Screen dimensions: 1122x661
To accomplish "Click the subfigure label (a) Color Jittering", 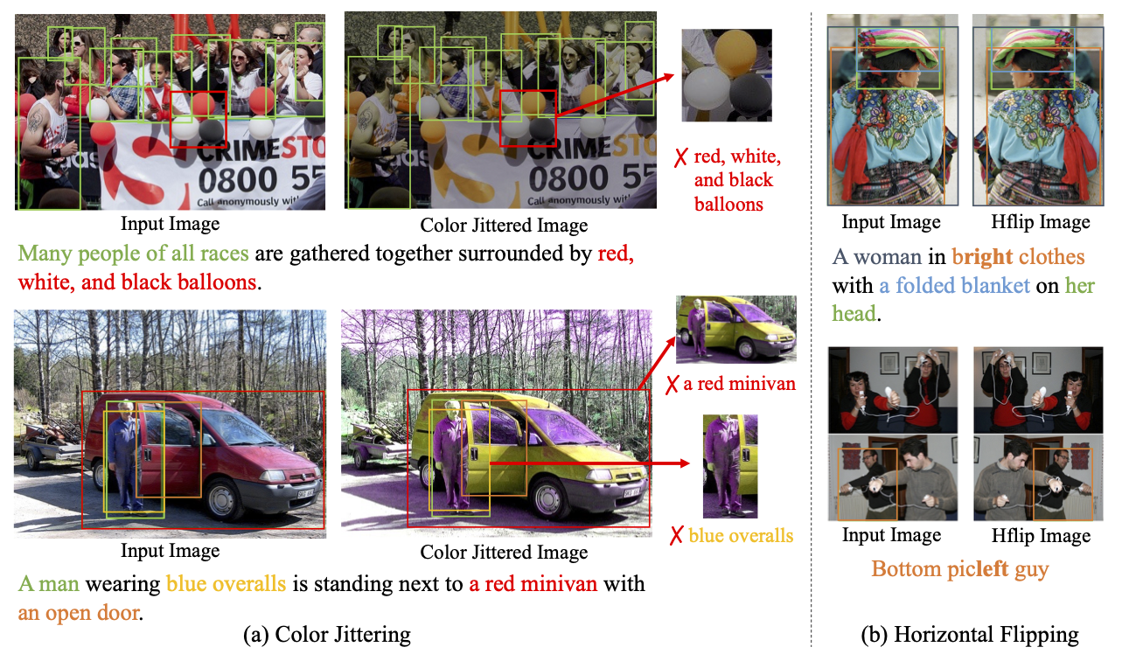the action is click(x=327, y=635).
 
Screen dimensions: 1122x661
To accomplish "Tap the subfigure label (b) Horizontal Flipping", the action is click(x=970, y=635).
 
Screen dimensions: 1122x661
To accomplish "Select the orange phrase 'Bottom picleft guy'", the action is click(x=959, y=569).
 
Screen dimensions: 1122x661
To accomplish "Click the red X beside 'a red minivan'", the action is click(x=672, y=385).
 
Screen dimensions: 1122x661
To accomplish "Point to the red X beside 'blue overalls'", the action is click(x=676, y=535).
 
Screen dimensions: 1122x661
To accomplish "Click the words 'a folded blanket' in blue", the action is click(x=955, y=285).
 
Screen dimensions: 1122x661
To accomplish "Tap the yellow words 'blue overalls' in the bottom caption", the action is click(x=226, y=584).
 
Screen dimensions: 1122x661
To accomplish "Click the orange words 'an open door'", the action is click(x=79, y=613).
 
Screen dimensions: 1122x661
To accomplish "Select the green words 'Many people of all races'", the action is click(x=133, y=254).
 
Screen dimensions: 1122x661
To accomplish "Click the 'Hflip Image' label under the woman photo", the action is click(x=1041, y=222).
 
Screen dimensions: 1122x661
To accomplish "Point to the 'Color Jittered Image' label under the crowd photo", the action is click(x=504, y=226).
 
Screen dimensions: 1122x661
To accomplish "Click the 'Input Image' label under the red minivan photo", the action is click(x=170, y=551).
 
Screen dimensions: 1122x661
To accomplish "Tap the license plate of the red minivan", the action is click(x=305, y=494).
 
